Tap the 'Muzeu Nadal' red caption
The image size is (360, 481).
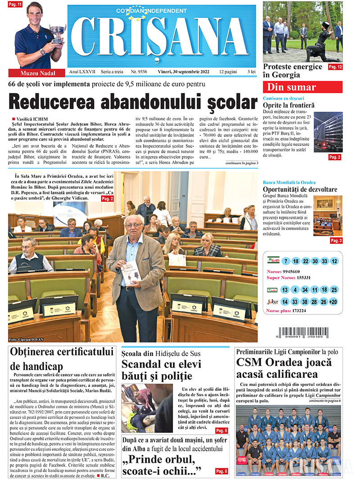point(38,73)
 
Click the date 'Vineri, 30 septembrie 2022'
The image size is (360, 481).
point(184,72)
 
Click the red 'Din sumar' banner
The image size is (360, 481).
point(302,87)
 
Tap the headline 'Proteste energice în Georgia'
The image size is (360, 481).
point(293,71)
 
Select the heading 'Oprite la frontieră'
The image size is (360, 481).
point(289,105)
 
